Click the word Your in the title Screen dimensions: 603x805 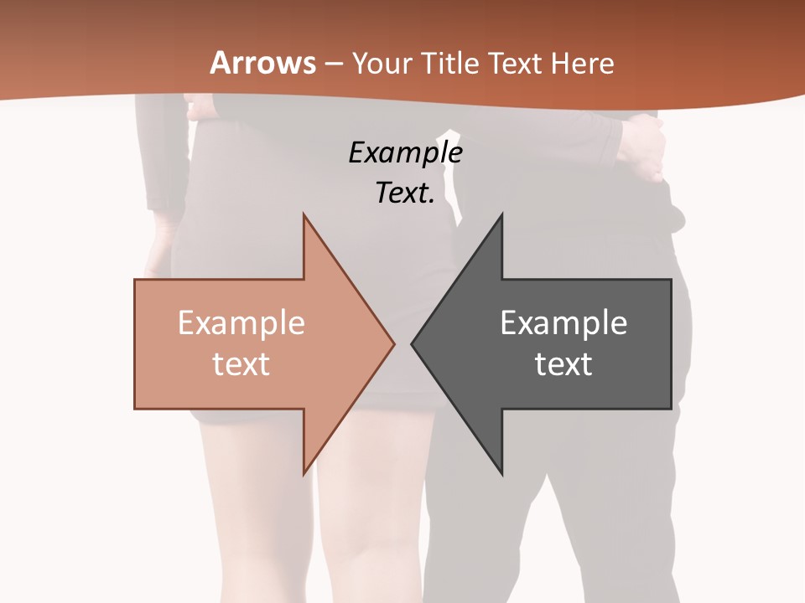click(x=382, y=63)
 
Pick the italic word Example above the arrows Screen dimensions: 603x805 click(x=405, y=153)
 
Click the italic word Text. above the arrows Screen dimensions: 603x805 click(x=405, y=193)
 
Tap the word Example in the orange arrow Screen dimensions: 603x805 click(x=241, y=323)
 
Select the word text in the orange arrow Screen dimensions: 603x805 click(x=241, y=364)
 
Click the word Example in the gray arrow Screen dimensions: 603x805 click(x=563, y=323)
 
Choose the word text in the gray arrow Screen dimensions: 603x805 click(x=563, y=364)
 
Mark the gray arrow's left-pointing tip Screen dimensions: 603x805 click(x=413, y=343)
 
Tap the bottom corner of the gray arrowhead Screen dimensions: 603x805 click(x=501, y=473)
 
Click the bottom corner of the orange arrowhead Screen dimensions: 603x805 click(x=304, y=473)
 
